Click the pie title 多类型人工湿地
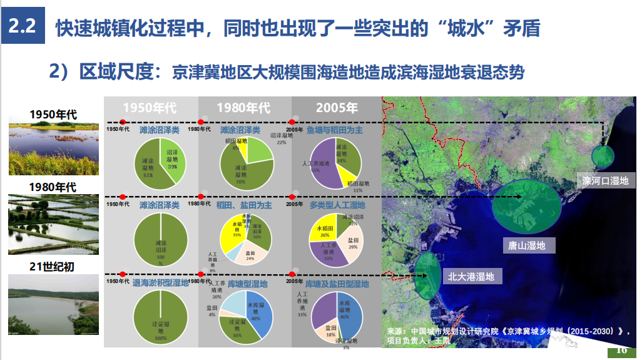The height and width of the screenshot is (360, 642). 337,205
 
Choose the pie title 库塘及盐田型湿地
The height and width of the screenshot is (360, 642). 337,284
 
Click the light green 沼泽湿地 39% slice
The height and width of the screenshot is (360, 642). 173,158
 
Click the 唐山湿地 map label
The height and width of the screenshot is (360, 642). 527,245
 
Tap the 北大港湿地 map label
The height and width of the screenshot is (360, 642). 471,276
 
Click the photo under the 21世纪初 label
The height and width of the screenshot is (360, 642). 53,304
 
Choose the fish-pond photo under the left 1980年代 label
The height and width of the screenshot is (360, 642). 53,224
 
